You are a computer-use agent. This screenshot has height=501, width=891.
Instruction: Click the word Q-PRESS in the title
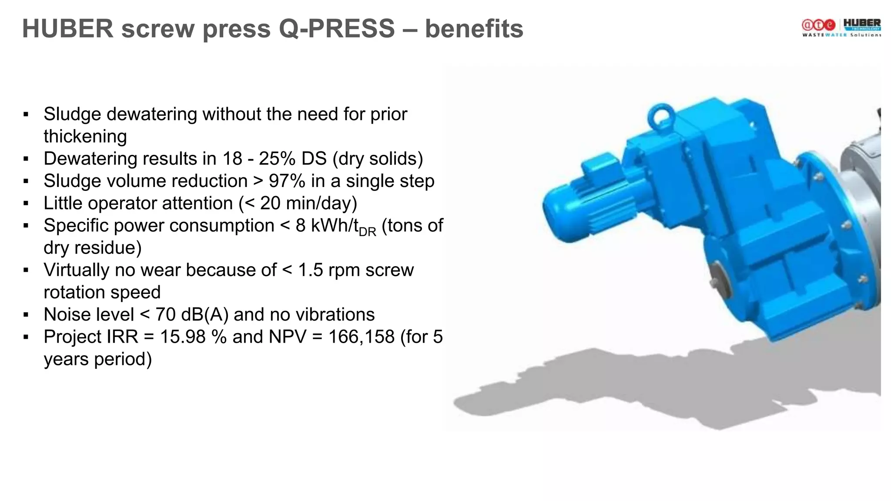336,29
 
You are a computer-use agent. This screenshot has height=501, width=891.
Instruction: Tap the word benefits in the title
474,29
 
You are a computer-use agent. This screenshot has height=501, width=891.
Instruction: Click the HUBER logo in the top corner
862,25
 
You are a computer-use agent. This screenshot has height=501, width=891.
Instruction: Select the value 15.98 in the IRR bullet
182,337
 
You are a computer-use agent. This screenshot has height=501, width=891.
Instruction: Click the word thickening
85,137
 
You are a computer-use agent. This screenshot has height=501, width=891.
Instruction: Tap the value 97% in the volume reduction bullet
287,181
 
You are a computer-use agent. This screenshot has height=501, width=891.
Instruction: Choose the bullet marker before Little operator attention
26,204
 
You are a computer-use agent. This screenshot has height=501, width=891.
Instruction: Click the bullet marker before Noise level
26,315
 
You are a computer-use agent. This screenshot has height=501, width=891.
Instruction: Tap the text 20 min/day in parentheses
305,204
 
